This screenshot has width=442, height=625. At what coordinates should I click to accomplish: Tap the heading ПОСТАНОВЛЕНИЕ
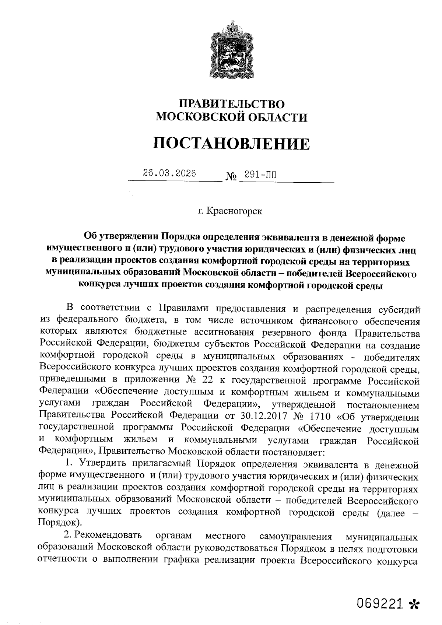pyautogui.click(x=231, y=144)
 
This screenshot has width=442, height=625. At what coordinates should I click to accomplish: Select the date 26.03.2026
pyautogui.click(x=169, y=173)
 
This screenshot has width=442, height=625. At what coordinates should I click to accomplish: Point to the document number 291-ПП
pyautogui.click(x=260, y=175)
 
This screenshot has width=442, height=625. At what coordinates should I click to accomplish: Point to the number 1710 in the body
pyautogui.click(x=322, y=417)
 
